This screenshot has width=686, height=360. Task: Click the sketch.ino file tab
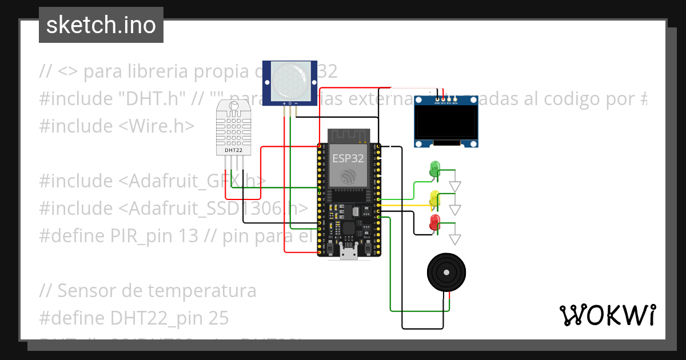coord(101,25)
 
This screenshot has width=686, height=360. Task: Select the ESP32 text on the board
coord(348,158)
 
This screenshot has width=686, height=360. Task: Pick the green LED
coord(434,168)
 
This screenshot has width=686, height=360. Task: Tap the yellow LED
coord(434,198)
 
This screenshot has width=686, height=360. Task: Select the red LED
coord(434,221)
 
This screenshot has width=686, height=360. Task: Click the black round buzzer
coord(447,273)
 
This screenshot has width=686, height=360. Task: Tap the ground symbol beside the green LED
coord(455,186)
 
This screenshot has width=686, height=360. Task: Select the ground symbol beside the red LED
coord(455,238)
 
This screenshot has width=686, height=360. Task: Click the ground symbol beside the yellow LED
coord(455,209)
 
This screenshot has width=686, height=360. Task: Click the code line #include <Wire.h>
coord(117,126)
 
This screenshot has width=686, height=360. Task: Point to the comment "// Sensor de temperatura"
coord(147,291)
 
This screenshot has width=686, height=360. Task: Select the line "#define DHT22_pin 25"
coord(134,318)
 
